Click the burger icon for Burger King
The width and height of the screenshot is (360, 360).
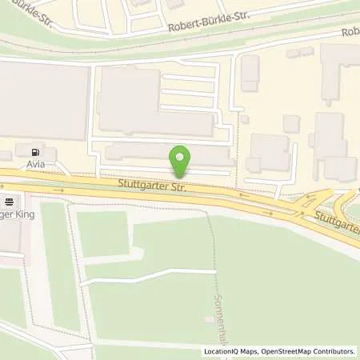point(8,202)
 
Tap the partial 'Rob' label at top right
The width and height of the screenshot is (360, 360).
point(350,33)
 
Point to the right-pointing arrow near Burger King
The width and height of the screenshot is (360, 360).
point(61,190)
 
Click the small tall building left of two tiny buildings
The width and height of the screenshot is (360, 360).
point(250,73)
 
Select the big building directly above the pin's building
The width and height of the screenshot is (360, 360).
point(152,102)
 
